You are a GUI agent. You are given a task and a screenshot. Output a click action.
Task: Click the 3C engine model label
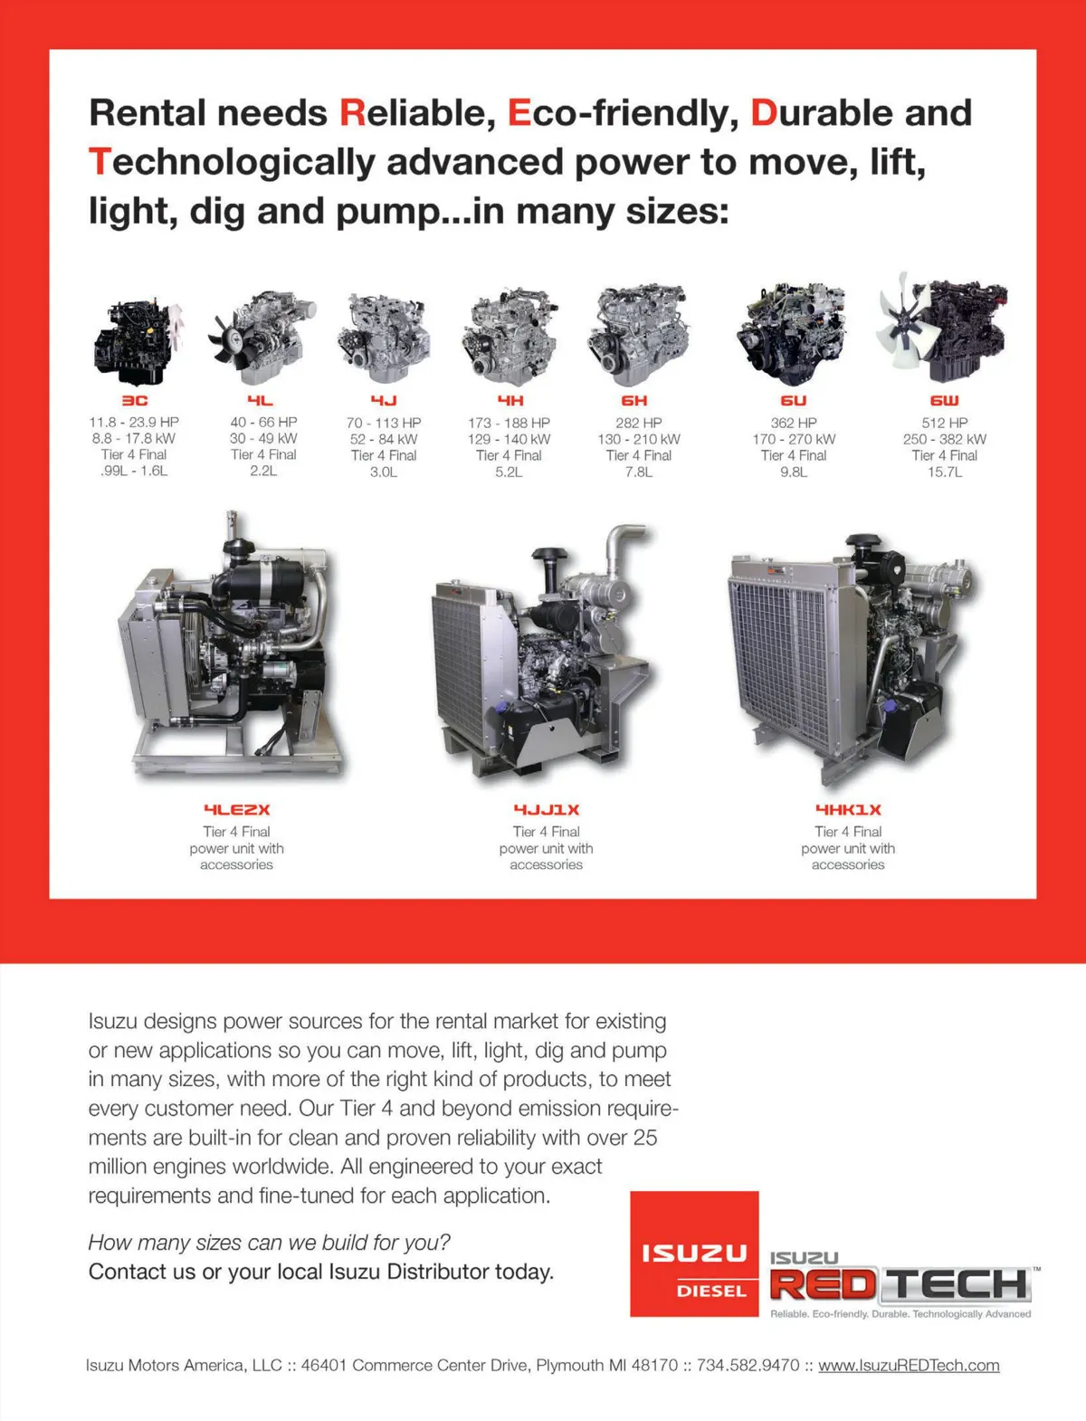[134, 400]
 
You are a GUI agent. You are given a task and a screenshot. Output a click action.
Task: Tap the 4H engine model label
[510, 400]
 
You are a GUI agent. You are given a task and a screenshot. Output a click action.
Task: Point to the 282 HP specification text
[638, 423]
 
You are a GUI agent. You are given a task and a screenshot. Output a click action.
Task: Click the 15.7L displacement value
[944, 472]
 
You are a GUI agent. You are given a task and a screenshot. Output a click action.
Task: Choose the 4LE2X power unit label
[236, 809]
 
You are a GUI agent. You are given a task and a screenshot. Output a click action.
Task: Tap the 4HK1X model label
[848, 809]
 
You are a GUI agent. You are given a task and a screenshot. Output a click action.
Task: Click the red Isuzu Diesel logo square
[694, 1254]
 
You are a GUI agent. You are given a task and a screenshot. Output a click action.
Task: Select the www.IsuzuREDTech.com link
[909, 1365]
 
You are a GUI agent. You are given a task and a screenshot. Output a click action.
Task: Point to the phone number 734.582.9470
[748, 1365]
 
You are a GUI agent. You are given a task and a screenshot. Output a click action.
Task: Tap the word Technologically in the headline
[232, 162]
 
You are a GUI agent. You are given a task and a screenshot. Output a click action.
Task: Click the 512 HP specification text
[944, 423]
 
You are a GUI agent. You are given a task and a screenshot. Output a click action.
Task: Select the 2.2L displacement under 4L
[263, 471]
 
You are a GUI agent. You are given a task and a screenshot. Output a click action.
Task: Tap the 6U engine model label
[794, 400]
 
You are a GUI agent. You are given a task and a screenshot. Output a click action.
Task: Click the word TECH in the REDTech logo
[956, 1283]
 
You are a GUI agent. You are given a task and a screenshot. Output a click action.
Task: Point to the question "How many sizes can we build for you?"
[269, 1243]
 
